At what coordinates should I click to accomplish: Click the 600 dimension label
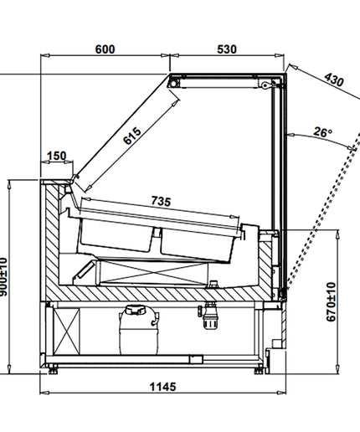(105, 49)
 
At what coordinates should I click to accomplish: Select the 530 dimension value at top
(227, 49)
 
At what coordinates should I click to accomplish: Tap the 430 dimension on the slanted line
(334, 80)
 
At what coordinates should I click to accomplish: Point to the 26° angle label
(322, 131)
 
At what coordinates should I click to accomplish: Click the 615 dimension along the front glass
(132, 136)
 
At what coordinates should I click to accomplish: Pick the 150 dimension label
(57, 156)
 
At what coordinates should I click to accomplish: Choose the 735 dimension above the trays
(161, 201)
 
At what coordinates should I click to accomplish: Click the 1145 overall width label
(163, 387)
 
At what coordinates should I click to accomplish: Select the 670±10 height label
(331, 301)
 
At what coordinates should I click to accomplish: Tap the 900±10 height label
(3, 276)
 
